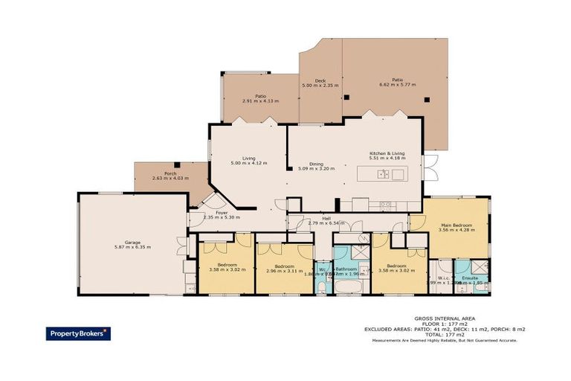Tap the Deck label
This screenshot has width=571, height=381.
pyautogui.click(x=320, y=80)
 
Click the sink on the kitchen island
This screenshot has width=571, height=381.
pyautogui.click(x=381, y=175)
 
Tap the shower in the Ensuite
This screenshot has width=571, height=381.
pyautogui.click(x=481, y=267)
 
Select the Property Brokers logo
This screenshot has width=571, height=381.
pyautogui.click(x=78, y=333)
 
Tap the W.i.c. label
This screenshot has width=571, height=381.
pyautogui.click(x=444, y=278)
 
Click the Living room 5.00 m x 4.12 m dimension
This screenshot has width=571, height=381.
pyautogui.click(x=248, y=163)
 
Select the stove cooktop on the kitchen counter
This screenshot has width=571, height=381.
pyautogui.click(x=386, y=203)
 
